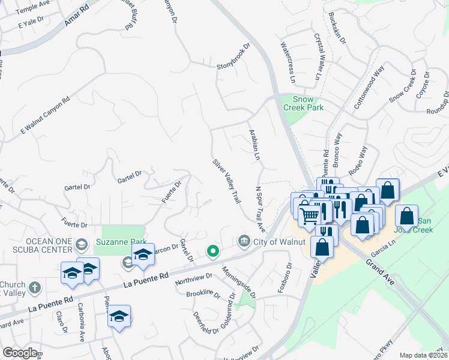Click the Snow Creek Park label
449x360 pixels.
[x=308, y=103]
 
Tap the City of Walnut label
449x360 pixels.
[x=280, y=242]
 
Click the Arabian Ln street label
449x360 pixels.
[x=254, y=144]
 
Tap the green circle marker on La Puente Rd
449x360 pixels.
[x=212, y=251]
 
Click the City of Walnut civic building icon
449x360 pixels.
[x=244, y=241]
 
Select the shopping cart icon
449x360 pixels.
[x=309, y=214]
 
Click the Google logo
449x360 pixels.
[x=20, y=353]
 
